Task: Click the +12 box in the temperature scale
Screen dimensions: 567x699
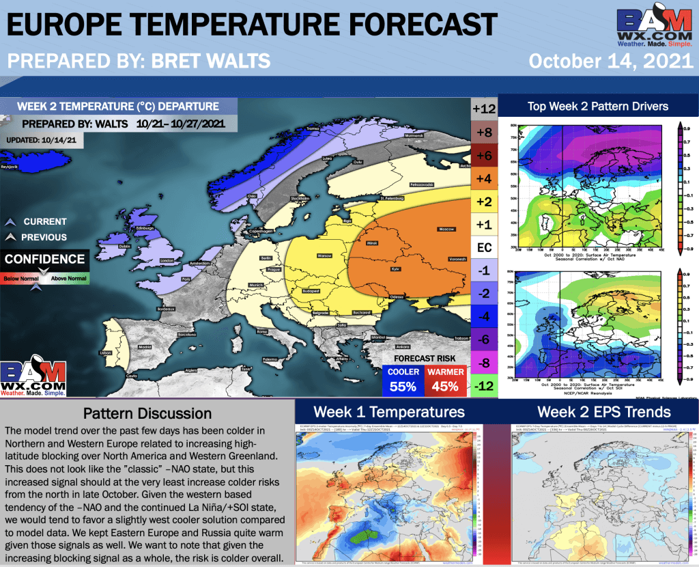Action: pos(483,109)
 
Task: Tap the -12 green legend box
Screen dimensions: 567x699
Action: pos(483,385)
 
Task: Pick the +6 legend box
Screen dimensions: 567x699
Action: pos(483,155)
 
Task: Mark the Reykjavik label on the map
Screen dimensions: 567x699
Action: pos(12,166)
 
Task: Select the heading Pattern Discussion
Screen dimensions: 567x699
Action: pos(147,413)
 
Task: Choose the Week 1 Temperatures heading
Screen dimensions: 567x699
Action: pos(389,412)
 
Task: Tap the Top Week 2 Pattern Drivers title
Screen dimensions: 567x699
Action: pos(598,106)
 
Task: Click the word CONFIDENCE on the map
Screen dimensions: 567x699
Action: pos(45,260)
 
